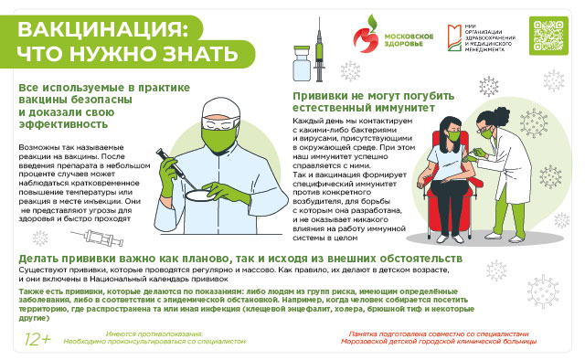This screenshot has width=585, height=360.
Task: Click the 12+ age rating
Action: coord(37,339)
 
